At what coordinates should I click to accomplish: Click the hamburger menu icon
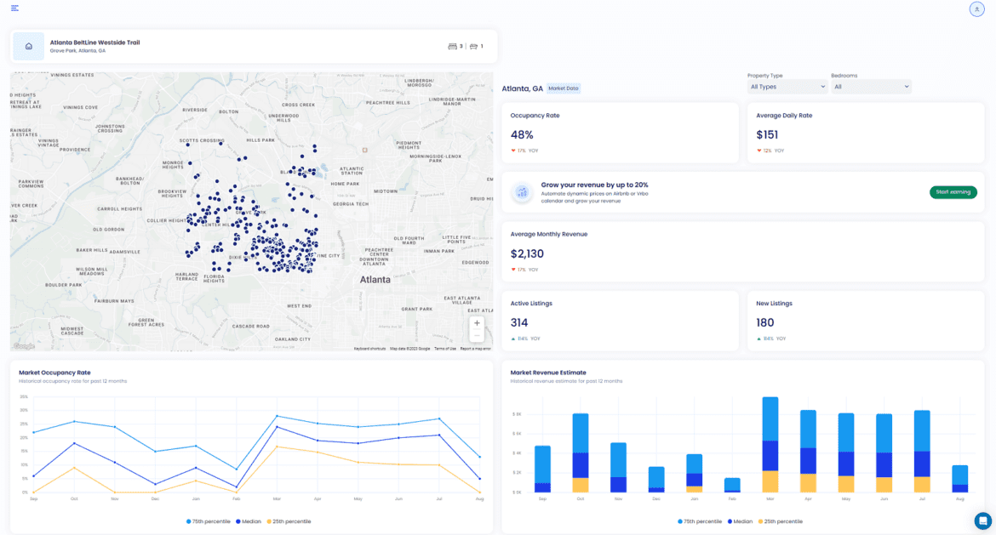coord(15,9)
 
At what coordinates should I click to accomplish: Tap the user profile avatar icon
coord(976,9)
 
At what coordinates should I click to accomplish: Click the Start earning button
coord(953,192)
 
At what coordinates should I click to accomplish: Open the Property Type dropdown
coord(787,87)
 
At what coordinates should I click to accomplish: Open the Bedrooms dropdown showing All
coord(871,87)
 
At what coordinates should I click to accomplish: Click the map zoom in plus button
coord(477,323)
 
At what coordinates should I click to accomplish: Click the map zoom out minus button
coord(477,336)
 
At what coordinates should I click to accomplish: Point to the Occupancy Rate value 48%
coord(522,134)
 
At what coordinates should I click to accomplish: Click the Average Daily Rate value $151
coord(767,134)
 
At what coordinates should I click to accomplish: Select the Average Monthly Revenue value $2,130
coord(527,253)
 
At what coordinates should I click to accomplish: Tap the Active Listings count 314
coord(519,322)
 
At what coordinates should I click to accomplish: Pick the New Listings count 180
coord(765,322)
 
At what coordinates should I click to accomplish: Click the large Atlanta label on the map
coord(375,279)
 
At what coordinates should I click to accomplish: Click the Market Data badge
coord(564,88)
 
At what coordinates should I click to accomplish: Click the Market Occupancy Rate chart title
coord(54,373)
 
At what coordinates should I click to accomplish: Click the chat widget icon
coord(983,520)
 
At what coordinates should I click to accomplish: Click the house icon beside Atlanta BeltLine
coord(29,47)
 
